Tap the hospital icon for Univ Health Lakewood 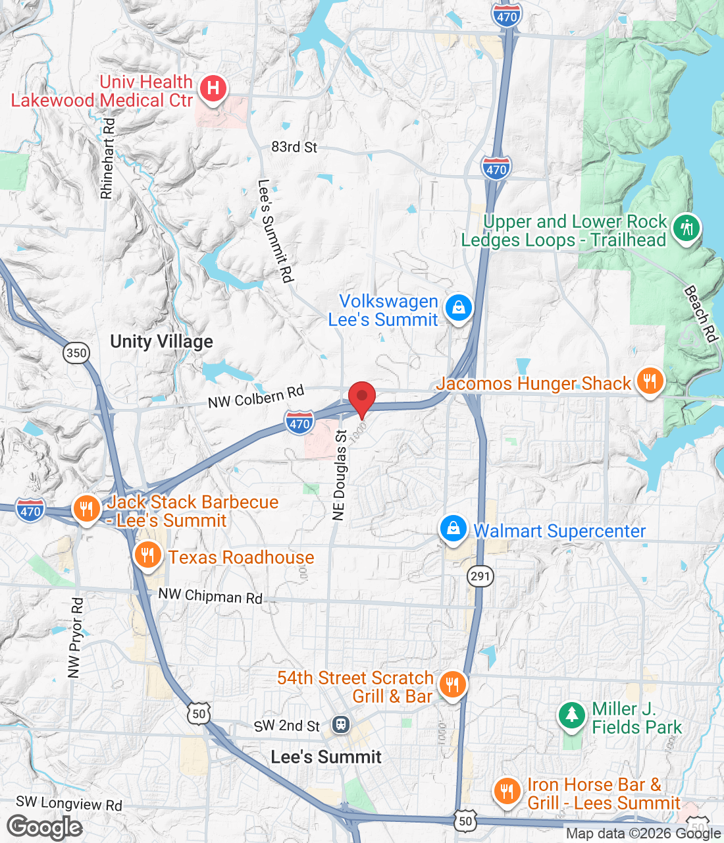click(213, 88)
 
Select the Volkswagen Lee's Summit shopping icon click(458, 308)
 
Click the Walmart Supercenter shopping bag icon click(453, 529)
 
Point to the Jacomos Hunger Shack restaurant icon click(650, 381)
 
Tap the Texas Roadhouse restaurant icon click(147, 555)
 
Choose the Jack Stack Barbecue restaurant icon click(86, 509)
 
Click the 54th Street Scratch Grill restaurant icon click(452, 685)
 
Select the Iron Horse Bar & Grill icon click(506, 790)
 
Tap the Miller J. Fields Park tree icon click(571, 715)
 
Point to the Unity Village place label click(161, 341)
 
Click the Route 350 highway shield click(76, 352)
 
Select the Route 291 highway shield click(480, 576)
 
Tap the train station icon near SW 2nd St click(340, 724)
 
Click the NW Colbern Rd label click(256, 396)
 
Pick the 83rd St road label click(294, 147)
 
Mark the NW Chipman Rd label click(210, 596)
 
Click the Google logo click(45, 827)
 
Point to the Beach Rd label click(700, 313)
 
